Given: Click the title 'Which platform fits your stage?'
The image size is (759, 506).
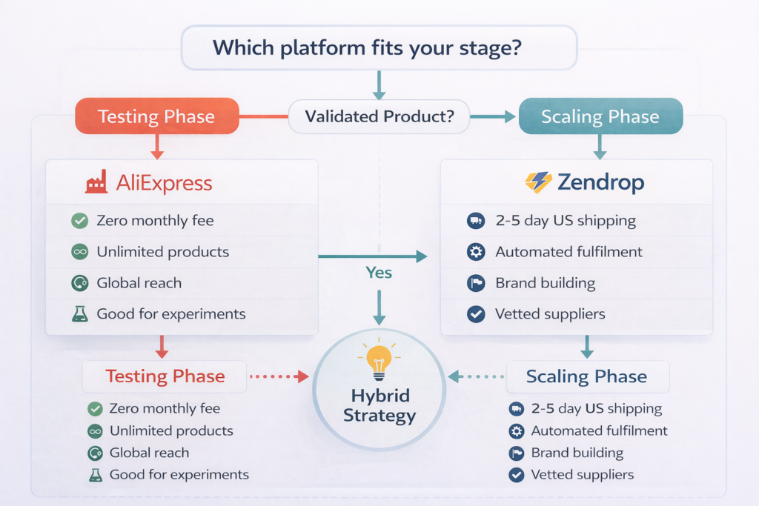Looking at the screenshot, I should click(x=379, y=48).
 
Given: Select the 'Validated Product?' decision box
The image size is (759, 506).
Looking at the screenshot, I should click(x=379, y=116).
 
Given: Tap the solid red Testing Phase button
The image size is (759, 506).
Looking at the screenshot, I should click(x=156, y=116).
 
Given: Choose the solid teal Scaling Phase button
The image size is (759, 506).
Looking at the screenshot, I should click(x=600, y=116).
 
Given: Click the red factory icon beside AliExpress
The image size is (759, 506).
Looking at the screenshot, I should click(x=96, y=182).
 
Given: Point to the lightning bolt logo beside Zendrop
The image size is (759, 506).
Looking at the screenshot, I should click(x=538, y=182).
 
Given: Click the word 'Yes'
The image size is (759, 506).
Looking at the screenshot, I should click(x=379, y=273).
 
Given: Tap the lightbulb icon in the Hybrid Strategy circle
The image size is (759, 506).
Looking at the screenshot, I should click(x=379, y=361).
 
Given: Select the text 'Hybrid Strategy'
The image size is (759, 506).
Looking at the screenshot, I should click(x=379, y=405).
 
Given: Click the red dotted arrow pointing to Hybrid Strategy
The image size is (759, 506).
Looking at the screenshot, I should click(x=279, y=376).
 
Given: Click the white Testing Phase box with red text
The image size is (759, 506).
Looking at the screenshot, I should click(x=165, y=376).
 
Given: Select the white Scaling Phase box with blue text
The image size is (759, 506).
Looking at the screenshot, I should click(x=586, y=376).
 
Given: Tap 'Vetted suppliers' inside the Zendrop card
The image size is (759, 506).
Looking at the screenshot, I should click(x=550, y=314).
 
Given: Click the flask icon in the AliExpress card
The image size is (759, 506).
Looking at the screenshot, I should click(x=79, y=314).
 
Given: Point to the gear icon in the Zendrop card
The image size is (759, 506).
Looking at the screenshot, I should click(x=476, y=252).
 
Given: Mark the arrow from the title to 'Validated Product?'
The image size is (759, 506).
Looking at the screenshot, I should click(x=379, y=84).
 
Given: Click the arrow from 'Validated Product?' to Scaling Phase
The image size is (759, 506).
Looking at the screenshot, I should click(x=492, y=116).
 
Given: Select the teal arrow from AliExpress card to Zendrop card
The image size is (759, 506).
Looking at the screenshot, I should click(x=373, y=256).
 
